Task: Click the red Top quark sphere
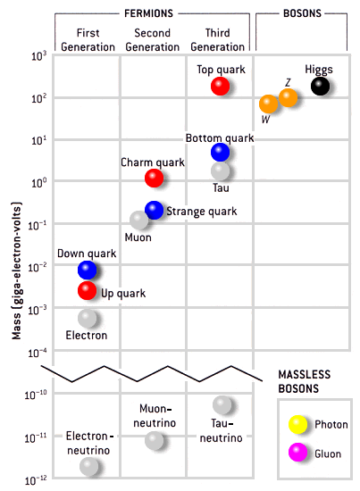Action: click(220, 86)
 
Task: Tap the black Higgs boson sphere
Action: click(320, 86)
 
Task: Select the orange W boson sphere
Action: click(268, 104)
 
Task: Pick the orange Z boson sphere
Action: click(288, 97)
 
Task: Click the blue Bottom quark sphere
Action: click(220, 152)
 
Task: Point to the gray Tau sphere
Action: click(220, 171)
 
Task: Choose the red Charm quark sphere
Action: click(154, 178)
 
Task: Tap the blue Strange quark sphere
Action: click(154, 210)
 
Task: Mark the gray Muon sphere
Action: click(138, 221)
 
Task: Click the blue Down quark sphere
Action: click(88, 270)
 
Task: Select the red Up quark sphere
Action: click(88, 290)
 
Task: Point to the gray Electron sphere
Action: click(88, 318)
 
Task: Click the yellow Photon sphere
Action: click(297, 424)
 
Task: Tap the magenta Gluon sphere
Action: click(297, 453)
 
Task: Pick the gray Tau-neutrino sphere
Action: click(222, 405)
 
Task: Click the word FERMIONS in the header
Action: click(148, 13)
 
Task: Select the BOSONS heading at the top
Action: click(302, 13)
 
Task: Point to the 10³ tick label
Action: click(38, 56)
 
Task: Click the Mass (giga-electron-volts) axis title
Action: click(16, 270)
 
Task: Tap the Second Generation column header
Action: click(152, 40)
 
